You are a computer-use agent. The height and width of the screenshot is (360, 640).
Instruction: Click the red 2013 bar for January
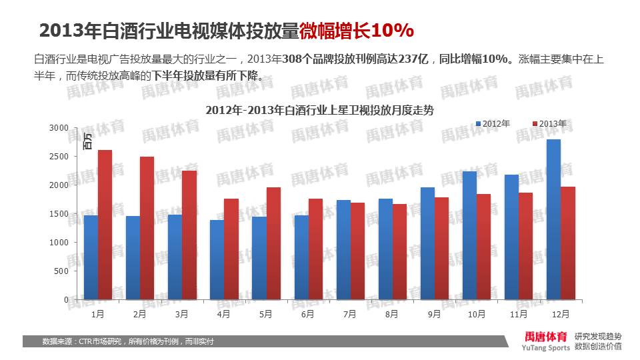pos(105,225)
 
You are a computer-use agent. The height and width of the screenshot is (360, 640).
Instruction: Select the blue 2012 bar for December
pos(553,219)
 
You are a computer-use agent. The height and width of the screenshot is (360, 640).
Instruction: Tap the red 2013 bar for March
pos(189,235)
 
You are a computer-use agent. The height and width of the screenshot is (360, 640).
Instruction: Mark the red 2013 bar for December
pos(567,243)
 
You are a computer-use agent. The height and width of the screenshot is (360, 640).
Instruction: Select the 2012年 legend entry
pos(493,124)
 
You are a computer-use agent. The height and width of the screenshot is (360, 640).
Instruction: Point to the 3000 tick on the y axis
pos(59,127)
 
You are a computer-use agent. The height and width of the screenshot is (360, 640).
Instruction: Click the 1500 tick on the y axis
pos(59,213)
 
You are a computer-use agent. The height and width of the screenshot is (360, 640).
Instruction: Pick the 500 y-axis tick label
pos(61,271)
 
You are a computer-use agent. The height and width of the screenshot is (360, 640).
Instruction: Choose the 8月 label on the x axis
pos(391,313)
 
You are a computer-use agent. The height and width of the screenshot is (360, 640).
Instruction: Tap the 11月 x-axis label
pos(517,313)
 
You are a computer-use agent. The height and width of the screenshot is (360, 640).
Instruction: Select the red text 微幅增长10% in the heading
pos(357,31)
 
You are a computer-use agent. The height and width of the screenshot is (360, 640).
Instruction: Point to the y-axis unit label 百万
pos(87,141)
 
